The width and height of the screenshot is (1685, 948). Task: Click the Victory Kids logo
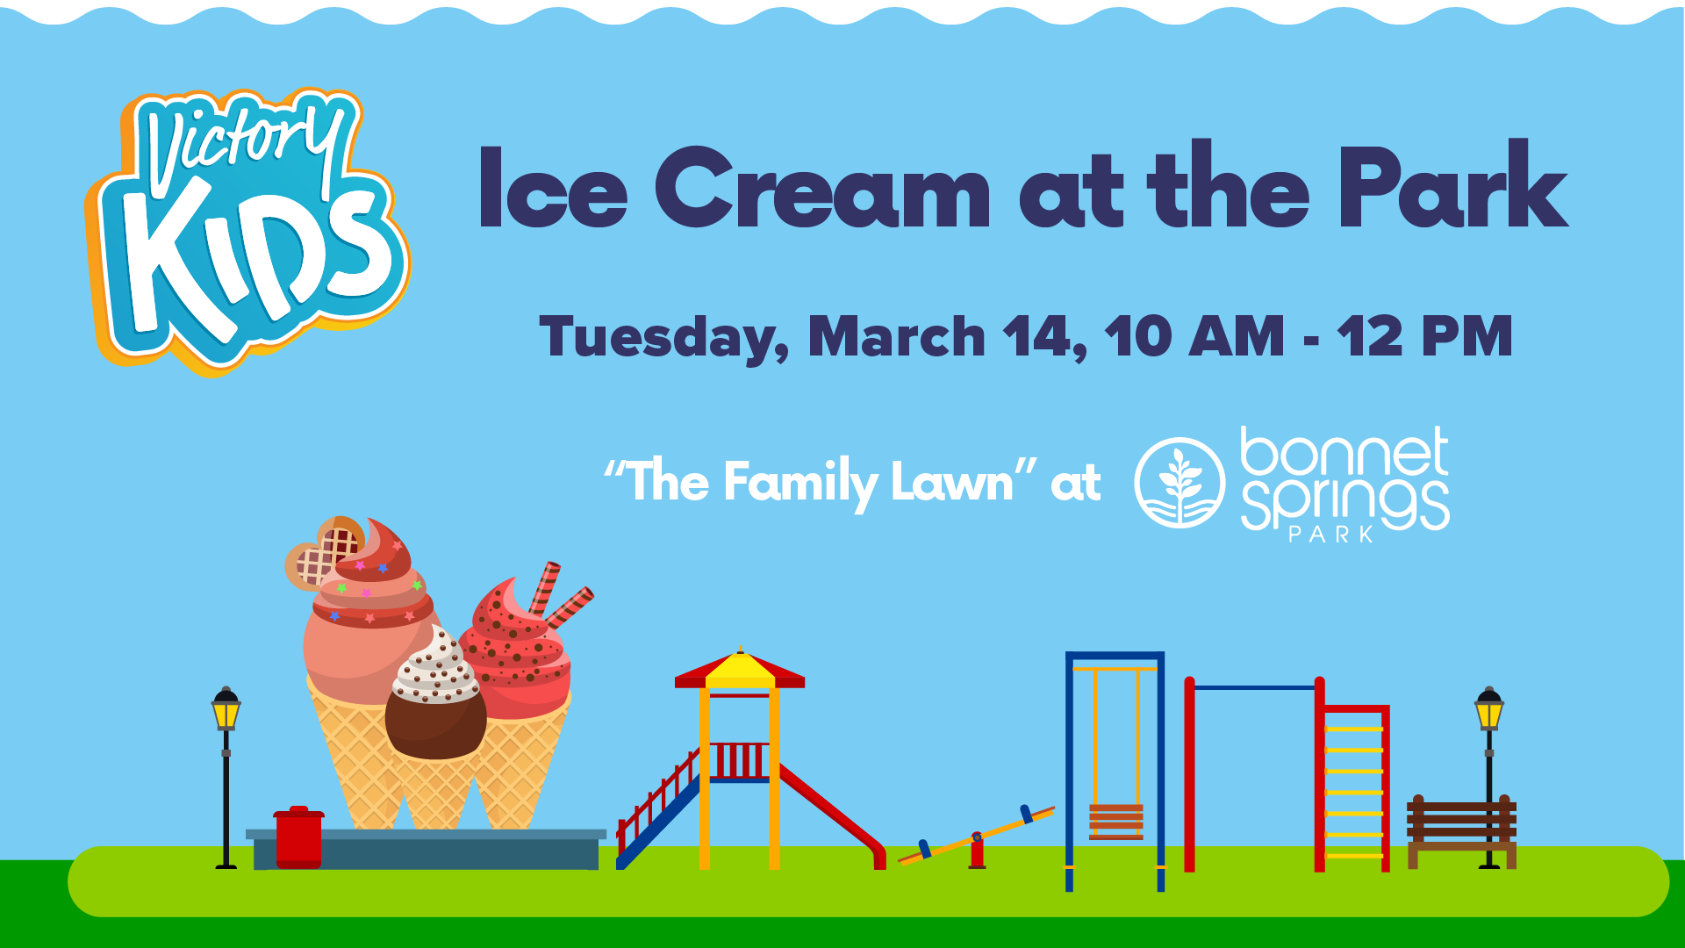pyautogui.click(x=248, y=233)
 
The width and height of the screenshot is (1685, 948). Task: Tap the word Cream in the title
pyautogui.click(x=822, y=188)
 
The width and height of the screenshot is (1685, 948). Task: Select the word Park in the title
pyautogui.click(x=1452, y=183)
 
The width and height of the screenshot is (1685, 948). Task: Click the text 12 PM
pyautogui.click(x=1425, y=337)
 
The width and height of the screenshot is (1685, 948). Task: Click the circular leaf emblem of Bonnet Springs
pyautogui.click(x=1179, y=483)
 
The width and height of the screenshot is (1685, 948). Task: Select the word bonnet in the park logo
pyautogui.click(x=1344, y=452)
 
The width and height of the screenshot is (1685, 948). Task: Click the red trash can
pyautogui.click(x=298, y=837)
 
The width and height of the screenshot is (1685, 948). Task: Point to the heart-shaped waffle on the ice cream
pyautogui.click(x=324, y=552)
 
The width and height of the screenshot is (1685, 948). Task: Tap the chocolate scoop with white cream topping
pyautogui.click(x=435, y=693)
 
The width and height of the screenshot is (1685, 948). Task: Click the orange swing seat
pyautogui.click(x=1116, y=822)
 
